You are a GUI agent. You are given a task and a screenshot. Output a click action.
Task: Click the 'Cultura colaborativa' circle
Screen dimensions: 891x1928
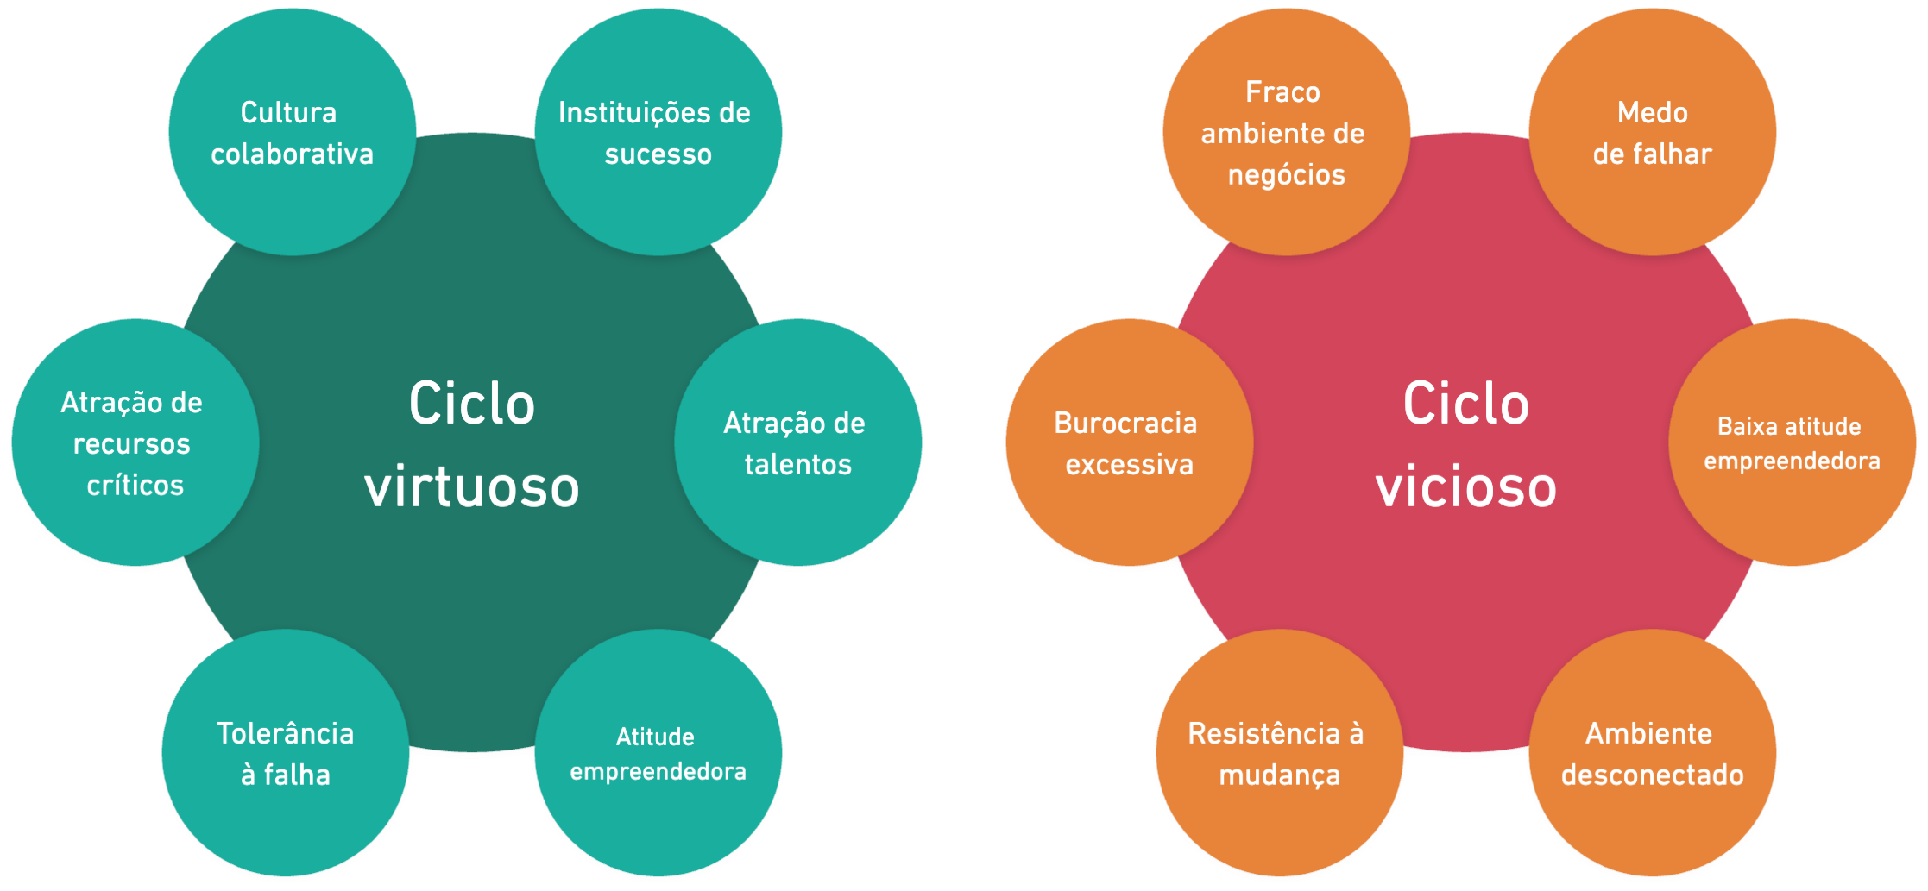click(x=293, y=133)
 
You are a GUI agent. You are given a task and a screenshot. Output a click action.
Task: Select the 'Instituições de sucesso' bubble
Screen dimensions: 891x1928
click(x=658, y=133)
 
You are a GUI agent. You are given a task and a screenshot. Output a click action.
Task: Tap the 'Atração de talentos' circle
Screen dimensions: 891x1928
click(x=797, y=443)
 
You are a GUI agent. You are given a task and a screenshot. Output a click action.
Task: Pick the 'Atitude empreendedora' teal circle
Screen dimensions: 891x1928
click(x=658, y=754)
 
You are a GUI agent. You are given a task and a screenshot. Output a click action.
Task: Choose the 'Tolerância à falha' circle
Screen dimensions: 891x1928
click(x=286, y=754)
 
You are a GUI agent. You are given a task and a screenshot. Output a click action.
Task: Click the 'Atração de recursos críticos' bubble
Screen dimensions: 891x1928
click(x=135, y=443)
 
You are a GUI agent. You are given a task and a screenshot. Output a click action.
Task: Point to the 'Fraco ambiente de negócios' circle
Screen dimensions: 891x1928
click(x=1285, y=133)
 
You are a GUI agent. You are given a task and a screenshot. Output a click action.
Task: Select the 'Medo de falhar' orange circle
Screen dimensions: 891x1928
click(x=1652, y=133)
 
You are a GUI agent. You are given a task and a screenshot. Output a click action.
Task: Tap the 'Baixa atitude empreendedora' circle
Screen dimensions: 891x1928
click(x=1792, y=443)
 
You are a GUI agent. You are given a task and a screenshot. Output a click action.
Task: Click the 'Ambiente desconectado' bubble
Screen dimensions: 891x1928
click(x=1652, y=754)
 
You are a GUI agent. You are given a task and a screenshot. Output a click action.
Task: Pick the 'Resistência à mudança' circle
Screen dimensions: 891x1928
click(x=1278, y=754)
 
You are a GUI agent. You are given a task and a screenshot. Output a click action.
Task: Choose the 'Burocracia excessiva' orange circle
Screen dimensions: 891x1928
click(x=1129, y=443)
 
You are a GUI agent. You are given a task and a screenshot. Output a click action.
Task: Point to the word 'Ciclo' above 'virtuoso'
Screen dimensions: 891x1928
click(x=471, y=404)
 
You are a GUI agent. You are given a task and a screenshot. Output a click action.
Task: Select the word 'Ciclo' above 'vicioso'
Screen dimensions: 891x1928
click(x=1465, y=404)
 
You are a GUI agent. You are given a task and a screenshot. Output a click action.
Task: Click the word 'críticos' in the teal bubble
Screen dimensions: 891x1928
click(x=135, y=486)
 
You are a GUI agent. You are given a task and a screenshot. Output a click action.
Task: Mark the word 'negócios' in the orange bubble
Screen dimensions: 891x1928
click(x=1286, y=175)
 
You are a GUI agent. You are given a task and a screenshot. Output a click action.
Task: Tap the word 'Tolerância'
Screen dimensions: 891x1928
click(x=285, y=733)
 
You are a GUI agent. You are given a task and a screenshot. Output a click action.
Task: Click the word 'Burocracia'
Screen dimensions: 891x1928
click(x=1125, y=424)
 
